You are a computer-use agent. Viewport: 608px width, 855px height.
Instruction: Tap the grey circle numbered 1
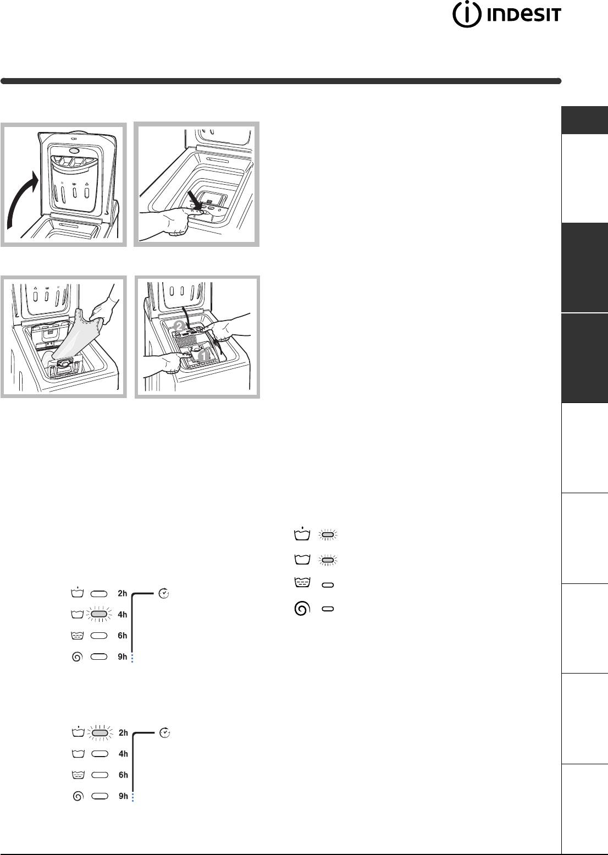(203, 356)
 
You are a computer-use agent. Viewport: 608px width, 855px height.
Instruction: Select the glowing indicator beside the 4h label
(100, 614)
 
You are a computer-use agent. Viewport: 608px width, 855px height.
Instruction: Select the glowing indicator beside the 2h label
(100, 733)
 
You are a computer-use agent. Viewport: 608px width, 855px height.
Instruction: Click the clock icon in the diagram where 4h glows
(164, 593)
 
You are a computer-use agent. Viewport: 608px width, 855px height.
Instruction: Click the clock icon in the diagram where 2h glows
(164, 733)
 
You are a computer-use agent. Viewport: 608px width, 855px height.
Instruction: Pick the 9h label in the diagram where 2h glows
(123, 796)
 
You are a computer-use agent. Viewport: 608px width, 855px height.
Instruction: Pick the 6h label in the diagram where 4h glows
(122, 636)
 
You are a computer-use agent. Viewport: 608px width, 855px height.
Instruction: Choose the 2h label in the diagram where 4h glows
(122, 593)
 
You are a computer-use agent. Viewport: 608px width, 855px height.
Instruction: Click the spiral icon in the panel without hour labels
(302, 609)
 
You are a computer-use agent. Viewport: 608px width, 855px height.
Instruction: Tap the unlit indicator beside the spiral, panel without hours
(328, 609)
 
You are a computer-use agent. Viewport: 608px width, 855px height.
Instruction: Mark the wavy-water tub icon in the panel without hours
(302, 582)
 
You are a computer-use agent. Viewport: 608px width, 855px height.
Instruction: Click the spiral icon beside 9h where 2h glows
(78, 796)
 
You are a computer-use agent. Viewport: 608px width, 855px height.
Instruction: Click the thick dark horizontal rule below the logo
(281, 81)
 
